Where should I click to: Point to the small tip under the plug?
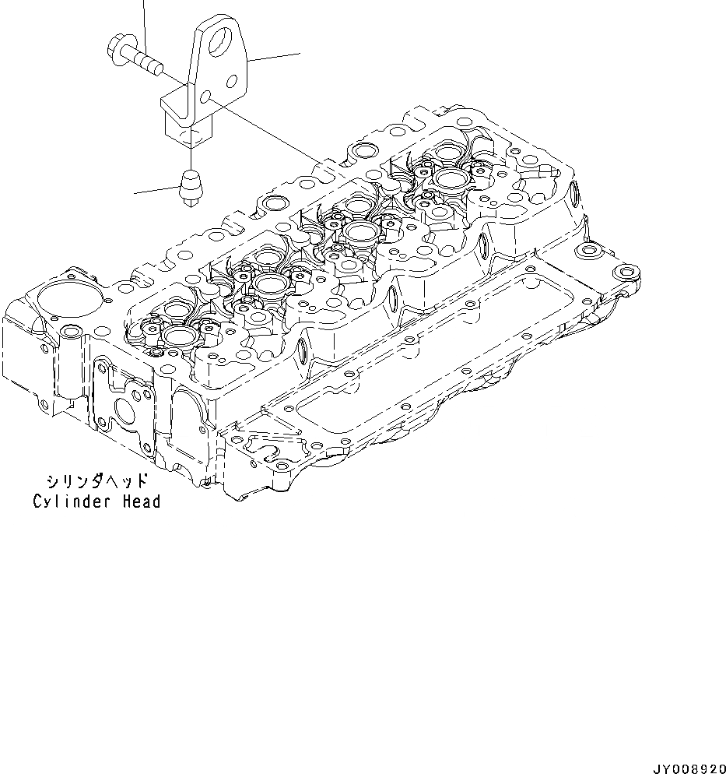pyautogui.click(x=189, y=203)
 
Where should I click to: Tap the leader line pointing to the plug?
pyautogui.click(x=156, y=190)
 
